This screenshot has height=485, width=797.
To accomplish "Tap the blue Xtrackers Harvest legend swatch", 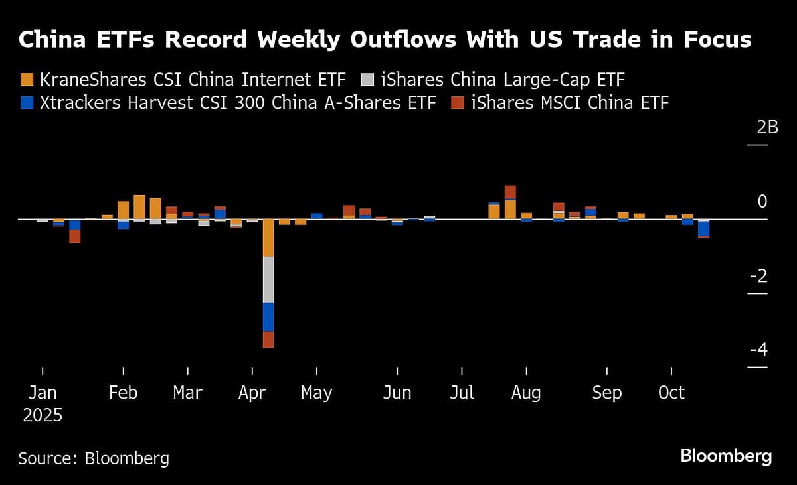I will pyautogui.click(x=27, y=104).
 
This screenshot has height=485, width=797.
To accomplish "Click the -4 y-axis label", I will pyautogui.click(x=758, y=350).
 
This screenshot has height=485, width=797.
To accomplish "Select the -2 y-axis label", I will pyautogui.click(x=758, y=276).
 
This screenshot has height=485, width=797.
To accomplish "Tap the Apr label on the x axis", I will pyautogui.click(x=252, y=393).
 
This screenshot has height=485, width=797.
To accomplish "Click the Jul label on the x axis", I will pyautogui.click(x=462, y=393).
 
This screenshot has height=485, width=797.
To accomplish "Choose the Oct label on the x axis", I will pyautogui.click(x=671, y=393).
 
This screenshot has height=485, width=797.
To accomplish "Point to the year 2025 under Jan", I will pyautogui.click(x=43, y=416).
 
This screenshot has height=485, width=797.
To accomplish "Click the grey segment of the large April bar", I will pyautogui.click(x=268, y=279).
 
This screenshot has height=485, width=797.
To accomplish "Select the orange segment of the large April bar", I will pyautogui.click(x=268, y=238).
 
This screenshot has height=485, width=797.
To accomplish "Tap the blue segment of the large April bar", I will pyautogui.click(x=268, y=316).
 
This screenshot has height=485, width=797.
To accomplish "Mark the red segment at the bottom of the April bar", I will pyautogui.click(x=268, y=339).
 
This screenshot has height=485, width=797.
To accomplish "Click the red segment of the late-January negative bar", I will pyautogui.click(x=75, y=236).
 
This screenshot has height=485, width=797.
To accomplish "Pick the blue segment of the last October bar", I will pyautogui.click(x=703, y=228).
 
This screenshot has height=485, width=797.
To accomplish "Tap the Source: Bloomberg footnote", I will pyautogui.click(x=94, y=458).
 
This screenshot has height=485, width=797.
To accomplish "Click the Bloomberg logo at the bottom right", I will pyautogui.click(x=726, y=456).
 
